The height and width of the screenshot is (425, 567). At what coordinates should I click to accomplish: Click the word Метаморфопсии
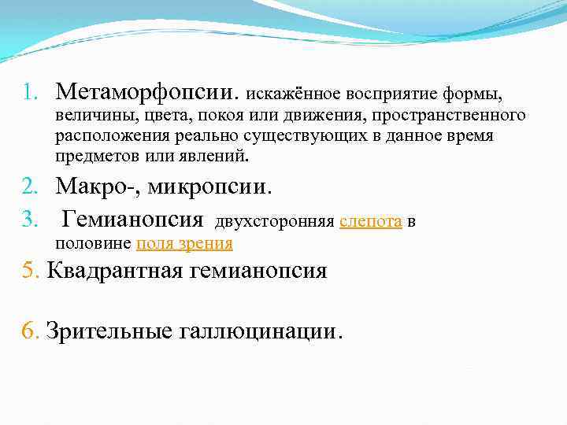tap(146, 94)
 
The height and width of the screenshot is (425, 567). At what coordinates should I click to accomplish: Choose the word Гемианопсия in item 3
tap(132, 220)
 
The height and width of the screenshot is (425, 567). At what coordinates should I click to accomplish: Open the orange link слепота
tap(371, 223)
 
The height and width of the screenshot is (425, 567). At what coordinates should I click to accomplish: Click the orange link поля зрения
tap(184, 242)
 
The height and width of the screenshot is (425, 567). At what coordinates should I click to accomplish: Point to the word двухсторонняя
tap(273, 223)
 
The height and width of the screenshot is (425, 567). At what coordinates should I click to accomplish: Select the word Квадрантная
tap(116, 272)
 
